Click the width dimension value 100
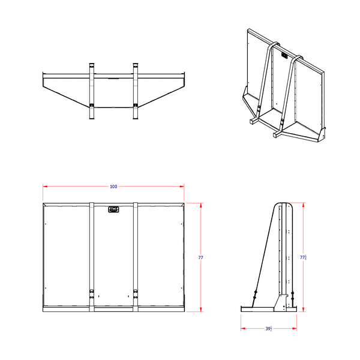(113, 187)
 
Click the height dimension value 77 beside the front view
(200, 257)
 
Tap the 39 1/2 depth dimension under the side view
(269, 329)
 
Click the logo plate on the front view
(113, 209)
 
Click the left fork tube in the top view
(92, 90)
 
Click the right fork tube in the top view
(136, 90)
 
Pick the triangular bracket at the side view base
(279, 302)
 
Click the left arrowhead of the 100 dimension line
(44, 187)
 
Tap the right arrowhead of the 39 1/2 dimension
(296, 329)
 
